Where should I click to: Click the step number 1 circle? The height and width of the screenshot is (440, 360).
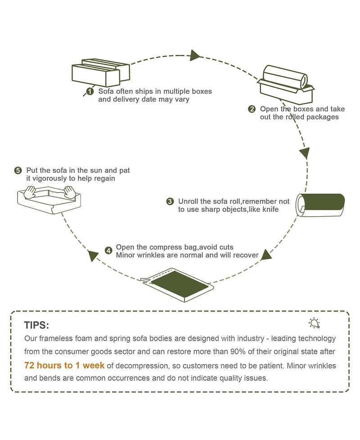point(90,92)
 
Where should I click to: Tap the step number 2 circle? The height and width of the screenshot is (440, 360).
point(252,109)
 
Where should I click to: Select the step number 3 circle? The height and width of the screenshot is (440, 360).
point(170,201)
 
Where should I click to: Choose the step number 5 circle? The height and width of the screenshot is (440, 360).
point(18,171)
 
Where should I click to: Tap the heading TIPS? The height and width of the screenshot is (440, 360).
point(36,326)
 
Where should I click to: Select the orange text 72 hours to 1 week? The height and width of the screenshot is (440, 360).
point(64,365)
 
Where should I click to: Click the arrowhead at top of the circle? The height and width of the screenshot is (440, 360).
point(194,55)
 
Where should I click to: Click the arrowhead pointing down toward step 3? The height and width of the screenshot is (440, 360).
point(305,152)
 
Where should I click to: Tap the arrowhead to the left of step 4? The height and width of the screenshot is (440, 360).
point(94,256)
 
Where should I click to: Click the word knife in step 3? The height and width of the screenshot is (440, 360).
point(269,209)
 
